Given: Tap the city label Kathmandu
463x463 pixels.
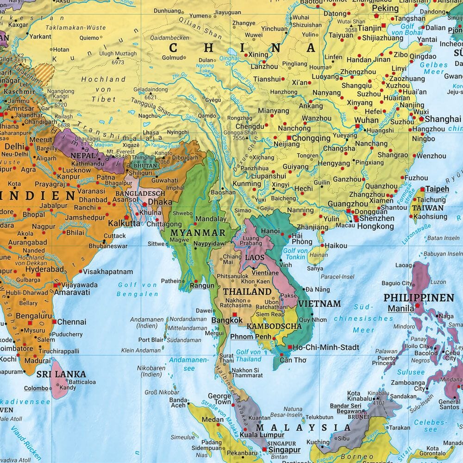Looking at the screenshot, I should (88, 164).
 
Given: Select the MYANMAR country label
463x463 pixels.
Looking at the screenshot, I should (198, 232).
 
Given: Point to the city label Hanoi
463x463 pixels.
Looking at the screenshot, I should (270, 231).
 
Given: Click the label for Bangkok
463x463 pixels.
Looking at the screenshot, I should (227, 320).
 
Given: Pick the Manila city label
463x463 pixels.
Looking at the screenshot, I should (401, 308).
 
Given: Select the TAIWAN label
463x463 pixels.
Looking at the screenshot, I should (427, 208).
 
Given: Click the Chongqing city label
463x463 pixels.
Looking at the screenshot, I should (311, 138).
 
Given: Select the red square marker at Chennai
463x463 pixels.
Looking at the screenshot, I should (54, 321).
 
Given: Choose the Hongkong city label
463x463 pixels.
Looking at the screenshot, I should (375, 226).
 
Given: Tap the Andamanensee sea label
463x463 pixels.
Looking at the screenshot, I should (182, 364).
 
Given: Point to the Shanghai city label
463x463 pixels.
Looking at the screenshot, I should (443, 119).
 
